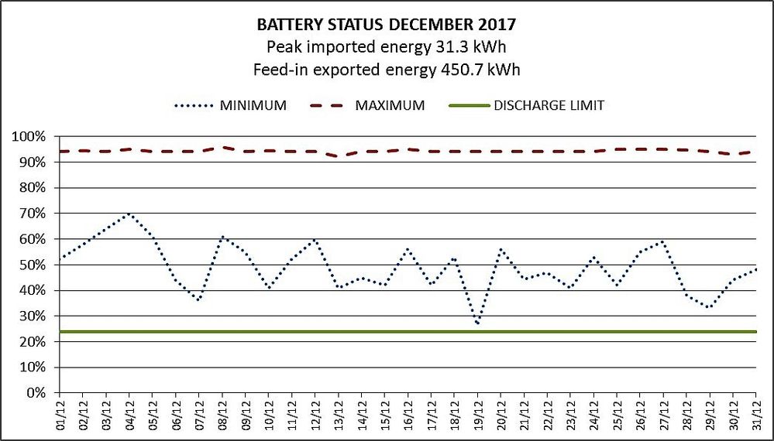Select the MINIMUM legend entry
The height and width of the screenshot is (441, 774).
pos(253,105)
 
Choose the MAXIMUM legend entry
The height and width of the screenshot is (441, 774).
pos(390,105)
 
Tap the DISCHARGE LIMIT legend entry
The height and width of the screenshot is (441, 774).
pos(549,105)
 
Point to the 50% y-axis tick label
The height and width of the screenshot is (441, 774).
pos(32,265)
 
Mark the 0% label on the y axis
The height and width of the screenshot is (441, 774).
pos(35,393)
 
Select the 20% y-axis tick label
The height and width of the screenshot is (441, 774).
pos(32,342)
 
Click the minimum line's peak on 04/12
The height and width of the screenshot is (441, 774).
pos(129,214)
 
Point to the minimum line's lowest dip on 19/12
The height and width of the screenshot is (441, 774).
pos(478,323)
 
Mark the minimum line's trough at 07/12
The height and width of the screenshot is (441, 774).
pos(199,300)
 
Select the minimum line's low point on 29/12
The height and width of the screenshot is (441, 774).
pos(710,308)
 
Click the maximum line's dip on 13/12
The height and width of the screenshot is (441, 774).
pos(339,156)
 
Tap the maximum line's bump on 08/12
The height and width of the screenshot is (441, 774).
pos(222,147)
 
